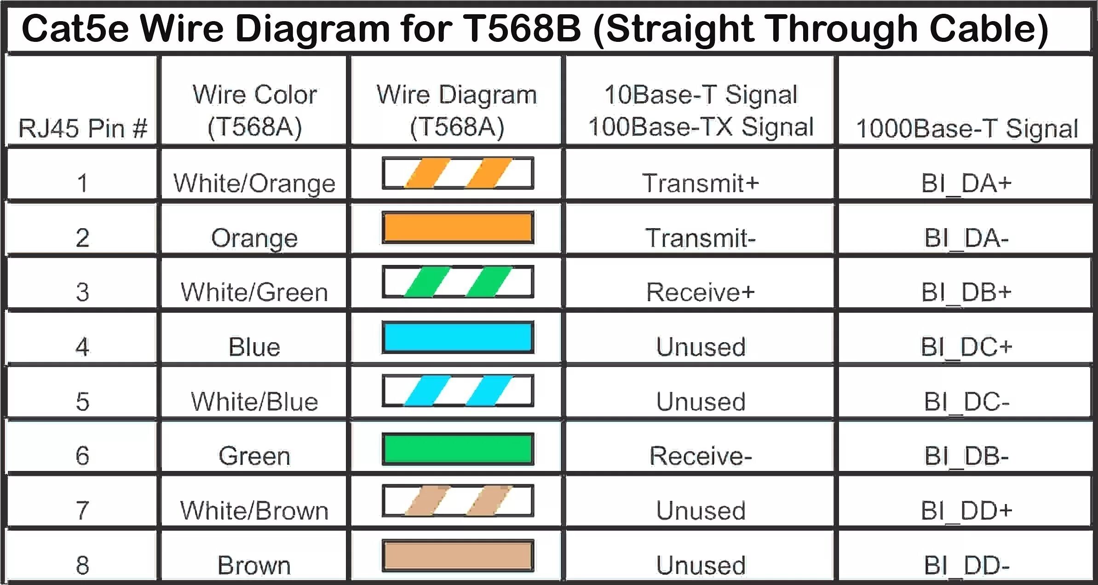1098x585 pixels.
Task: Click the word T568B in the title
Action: click(x=522, y=29)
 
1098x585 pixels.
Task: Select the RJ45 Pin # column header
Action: click(x=83, y=128)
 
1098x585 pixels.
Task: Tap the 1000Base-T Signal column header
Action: click(x=966, y=128)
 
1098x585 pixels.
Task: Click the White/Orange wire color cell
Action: click(x=254, y=183)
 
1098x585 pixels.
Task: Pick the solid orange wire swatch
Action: click(x=458, y=228)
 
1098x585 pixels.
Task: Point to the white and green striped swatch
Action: click(x=458, y=282)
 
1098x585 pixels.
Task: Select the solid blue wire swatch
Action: click(x=458, y=337)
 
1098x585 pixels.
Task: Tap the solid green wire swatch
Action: click(x=458, y=449)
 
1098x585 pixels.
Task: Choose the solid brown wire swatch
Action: click(x=458, y=556)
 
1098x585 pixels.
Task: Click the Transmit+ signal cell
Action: click(x=700, y=183)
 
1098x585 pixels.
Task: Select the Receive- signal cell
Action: click(x=700, y=456)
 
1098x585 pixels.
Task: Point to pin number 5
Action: click(x=82, y=401)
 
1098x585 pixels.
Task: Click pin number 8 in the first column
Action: click(x=82, y=565)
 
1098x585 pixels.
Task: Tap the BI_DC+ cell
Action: click(x=966, y=347)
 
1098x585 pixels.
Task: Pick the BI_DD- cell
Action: click(x=966, y=565)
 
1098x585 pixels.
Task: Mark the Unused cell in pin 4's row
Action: click(x=700, y=347)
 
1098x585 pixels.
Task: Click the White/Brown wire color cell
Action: click(x=254, y=510)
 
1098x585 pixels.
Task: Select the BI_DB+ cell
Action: click(x=966, y=292)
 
